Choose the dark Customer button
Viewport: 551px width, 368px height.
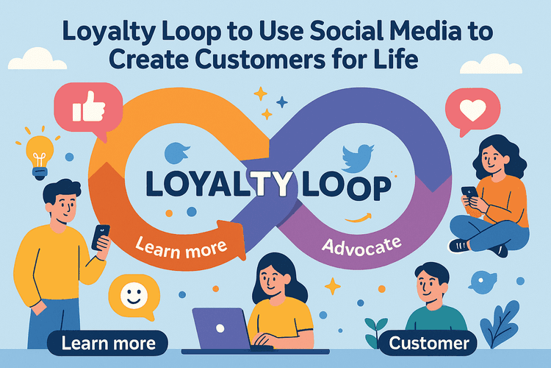pos(429,343)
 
